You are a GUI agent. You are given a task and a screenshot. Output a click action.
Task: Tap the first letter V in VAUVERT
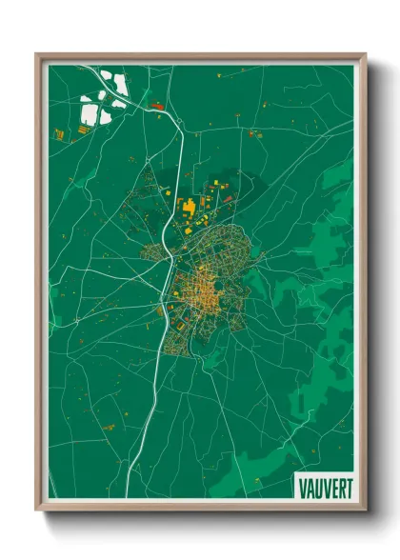click(302, 484)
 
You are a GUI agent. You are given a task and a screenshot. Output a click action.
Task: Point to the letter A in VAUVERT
click(310, 484)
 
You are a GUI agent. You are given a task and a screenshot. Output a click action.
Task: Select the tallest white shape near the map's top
click(121, 84)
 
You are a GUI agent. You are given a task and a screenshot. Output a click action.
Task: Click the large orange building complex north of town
click(190, 206)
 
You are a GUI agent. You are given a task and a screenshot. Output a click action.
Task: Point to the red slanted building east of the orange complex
click(229, 198)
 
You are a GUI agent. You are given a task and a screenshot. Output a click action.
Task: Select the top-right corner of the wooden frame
click(366, 54)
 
